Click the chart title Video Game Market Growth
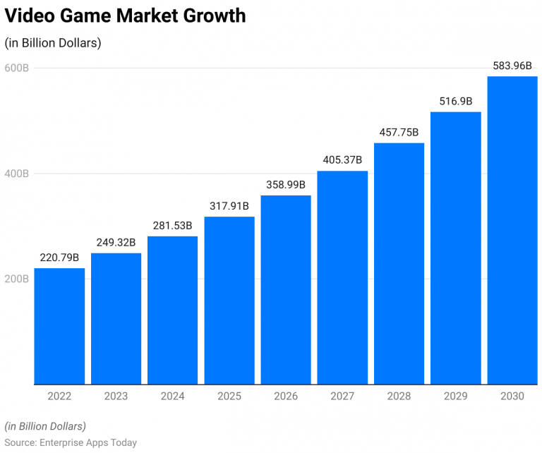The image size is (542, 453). click(x=126, y=16)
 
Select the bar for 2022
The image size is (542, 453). click(x=59, y=326)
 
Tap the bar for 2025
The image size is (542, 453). click(x=229, y=300)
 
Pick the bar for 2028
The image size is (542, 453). click(x=399, y=263)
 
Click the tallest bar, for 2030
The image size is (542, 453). click(x=512, y=230)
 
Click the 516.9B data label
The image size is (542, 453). click(x=455, y=101)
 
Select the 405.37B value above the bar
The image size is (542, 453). click(x=342, y=160)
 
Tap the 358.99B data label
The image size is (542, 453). click(x=286, y=185)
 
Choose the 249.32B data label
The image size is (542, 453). click(x=116, y=242)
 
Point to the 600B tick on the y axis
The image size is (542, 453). click(x=16, y=68)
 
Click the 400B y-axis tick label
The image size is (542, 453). click(x=16, y=174)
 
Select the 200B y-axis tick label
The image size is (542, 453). click(x=16, y=279)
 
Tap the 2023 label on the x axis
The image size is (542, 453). click(x=116, y=397)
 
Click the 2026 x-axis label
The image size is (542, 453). click(x=286, y=397)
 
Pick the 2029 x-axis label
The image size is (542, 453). click(x=455, y=397)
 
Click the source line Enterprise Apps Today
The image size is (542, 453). click(x=71, y=442)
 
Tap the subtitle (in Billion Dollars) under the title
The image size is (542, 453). click(x=53, y=43)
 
